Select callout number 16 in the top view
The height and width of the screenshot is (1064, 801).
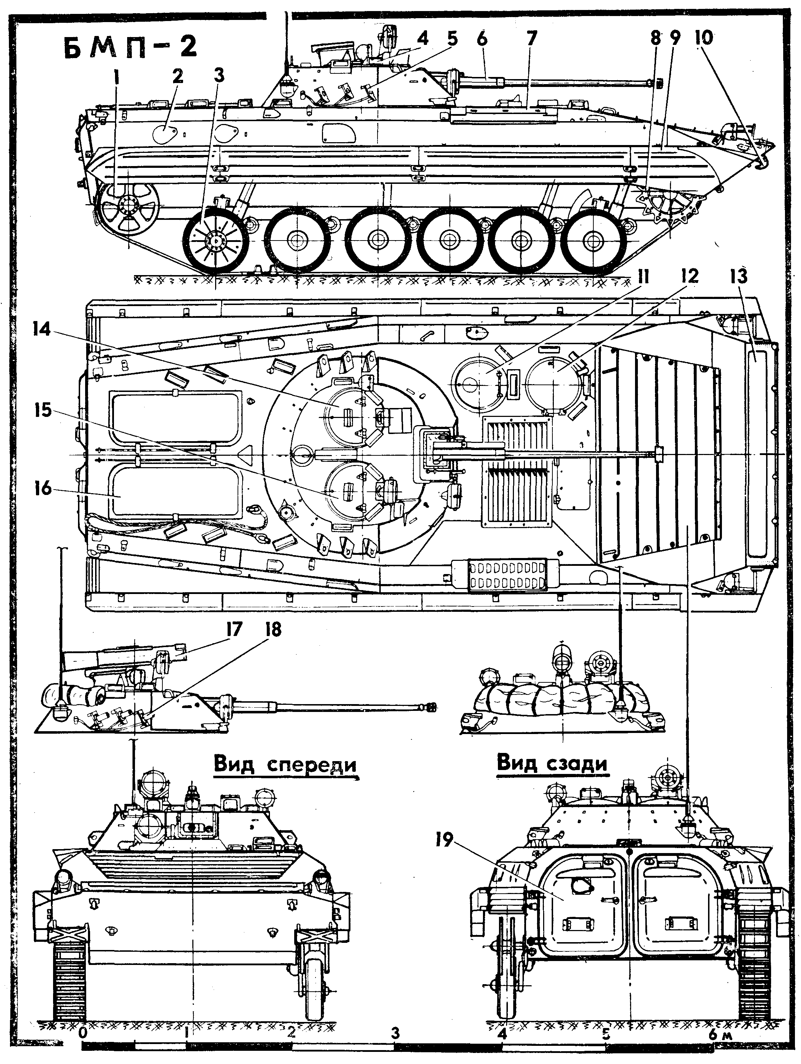43,489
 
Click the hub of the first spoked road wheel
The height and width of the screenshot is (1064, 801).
216,239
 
